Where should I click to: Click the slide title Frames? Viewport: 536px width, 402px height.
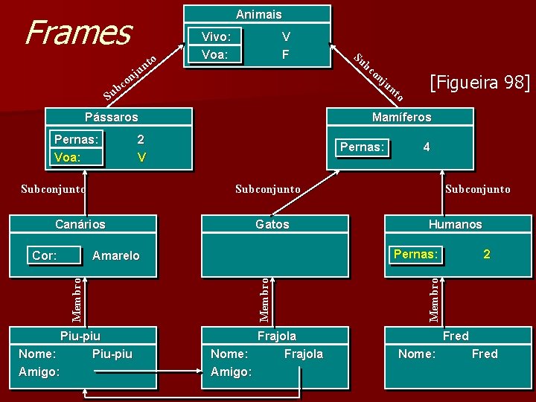77,32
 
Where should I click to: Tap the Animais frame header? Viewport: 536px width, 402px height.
259,14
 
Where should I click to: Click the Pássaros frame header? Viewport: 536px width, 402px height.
111,117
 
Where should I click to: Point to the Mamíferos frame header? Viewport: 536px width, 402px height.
402,117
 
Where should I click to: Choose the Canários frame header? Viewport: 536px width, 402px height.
80,224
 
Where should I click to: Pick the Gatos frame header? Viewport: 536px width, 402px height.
272,224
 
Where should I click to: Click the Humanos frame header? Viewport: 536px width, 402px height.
455,224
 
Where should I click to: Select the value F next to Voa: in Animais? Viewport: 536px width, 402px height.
285,54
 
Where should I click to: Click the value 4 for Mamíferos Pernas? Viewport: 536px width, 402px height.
426,147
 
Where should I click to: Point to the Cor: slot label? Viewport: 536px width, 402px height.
45,255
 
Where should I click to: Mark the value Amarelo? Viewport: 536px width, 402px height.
115,255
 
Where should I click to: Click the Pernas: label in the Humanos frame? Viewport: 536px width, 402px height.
415,254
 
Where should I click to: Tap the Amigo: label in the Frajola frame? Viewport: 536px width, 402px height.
232,371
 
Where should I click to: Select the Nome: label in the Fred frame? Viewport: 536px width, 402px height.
417,354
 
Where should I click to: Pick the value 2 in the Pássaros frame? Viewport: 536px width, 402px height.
141,139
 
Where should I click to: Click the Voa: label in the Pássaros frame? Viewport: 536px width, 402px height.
68,157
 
